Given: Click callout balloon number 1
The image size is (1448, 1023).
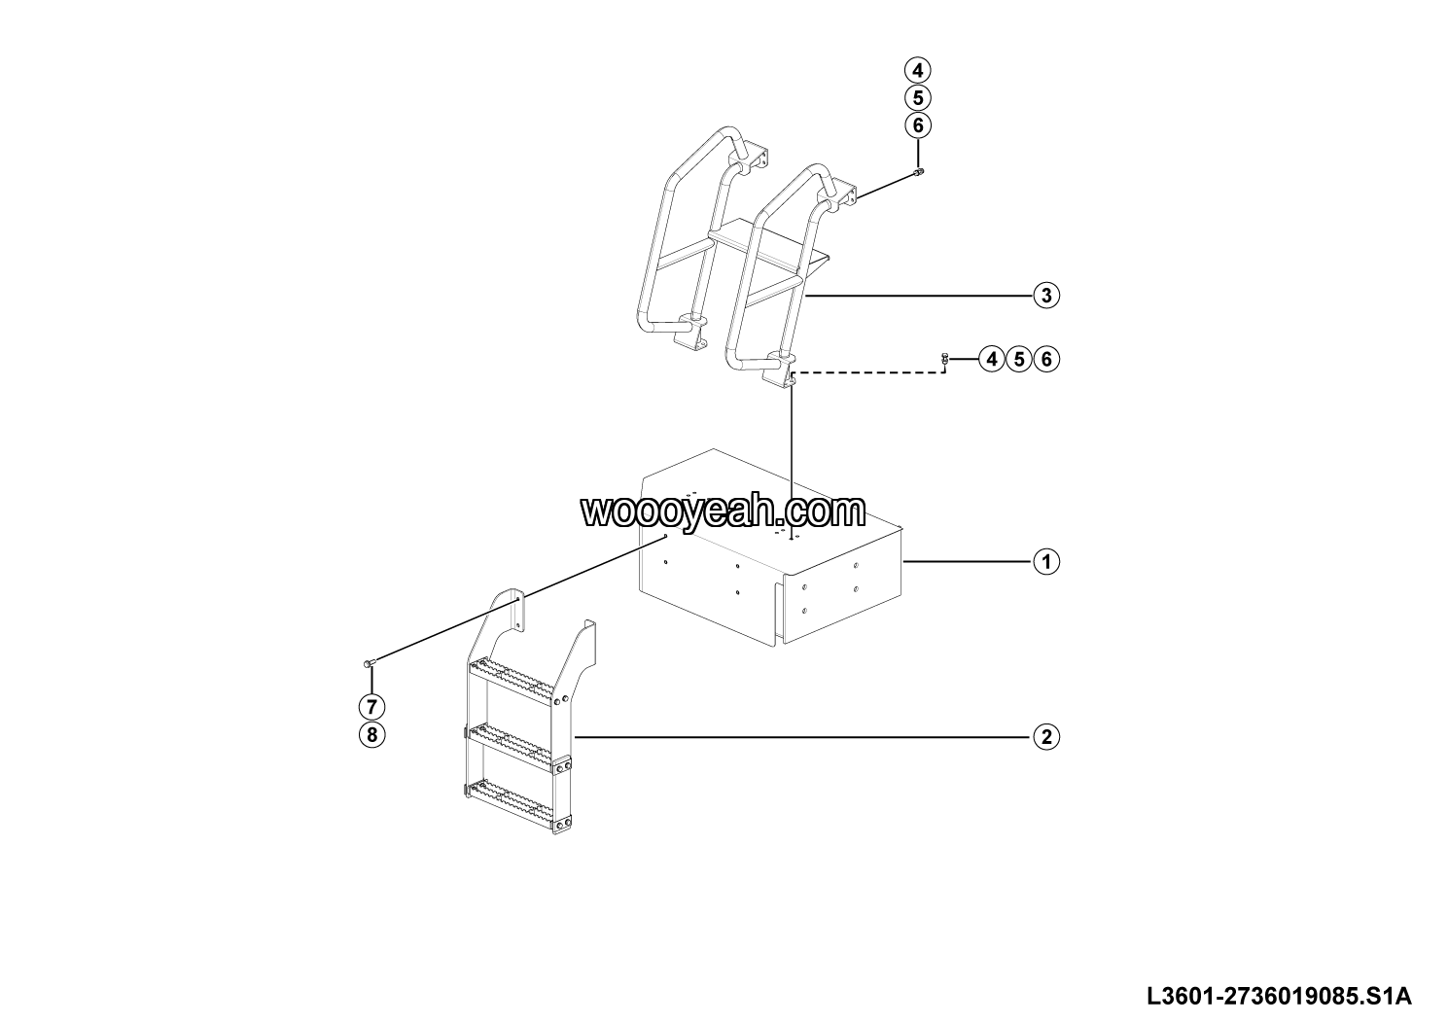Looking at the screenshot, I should point(1045,561).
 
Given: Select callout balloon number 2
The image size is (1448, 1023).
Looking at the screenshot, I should point(1045,736).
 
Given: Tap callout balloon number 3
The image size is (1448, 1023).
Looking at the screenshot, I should point(1045,295).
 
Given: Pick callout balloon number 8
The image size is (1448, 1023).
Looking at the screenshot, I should point(371,734).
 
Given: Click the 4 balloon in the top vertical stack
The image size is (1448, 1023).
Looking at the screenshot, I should point(917,70).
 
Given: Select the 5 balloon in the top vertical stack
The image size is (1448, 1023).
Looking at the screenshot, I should point(917,97).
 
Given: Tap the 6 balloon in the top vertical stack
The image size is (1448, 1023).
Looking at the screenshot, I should point(917,125).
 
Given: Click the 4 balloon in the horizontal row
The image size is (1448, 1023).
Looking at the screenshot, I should point(991,359).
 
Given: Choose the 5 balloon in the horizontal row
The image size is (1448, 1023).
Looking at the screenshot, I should point(1018,359).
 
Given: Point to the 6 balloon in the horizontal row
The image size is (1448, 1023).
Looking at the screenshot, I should point(1046,359).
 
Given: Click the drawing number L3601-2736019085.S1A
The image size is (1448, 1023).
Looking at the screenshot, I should point(1278,996).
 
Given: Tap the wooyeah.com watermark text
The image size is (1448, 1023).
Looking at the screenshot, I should point(723,511).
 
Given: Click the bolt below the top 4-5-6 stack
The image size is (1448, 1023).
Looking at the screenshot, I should point(918,172).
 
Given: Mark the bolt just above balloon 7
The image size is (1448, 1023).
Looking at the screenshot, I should point(369,662).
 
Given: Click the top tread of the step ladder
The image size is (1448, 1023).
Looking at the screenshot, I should point(512,669).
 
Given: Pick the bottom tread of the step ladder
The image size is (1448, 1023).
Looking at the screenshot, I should point(512,790).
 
